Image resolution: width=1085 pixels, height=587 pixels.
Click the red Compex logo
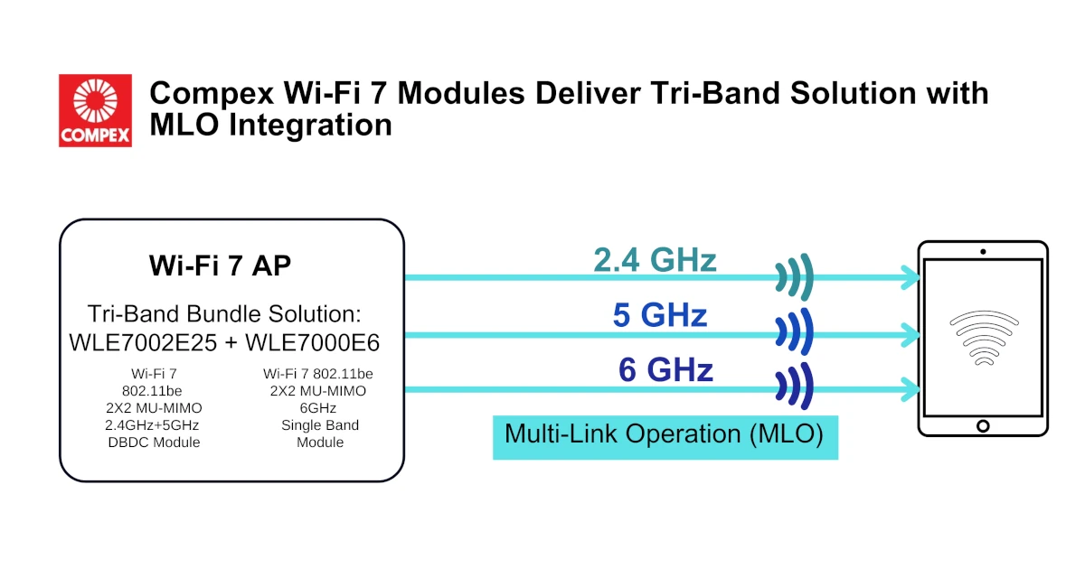click(x=96, y=110)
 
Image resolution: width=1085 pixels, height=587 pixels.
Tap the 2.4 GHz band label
click(x=655, y=260)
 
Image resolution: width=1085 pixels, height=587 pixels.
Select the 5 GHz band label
click(x=660, y=315)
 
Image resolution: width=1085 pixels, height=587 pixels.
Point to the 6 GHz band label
click(x=665, y=369)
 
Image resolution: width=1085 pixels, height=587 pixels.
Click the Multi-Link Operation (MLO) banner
click(x=665, y=437)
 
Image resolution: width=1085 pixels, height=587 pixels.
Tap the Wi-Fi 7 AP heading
click(x=220, y=266)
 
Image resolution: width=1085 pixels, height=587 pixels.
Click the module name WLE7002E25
click(x=143, y=342)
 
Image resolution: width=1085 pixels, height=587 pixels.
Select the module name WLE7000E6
click(x=313, y=342)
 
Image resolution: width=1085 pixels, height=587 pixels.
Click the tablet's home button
click(x=983, y=426)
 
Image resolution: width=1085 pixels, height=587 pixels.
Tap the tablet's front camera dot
click(x=983, y=252)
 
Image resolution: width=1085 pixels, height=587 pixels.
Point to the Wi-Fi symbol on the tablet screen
click(x=984, y=338)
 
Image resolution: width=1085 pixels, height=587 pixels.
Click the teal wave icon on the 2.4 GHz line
click(x=795, y=277)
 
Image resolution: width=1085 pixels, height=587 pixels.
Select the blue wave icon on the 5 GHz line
click(x=795, y=332)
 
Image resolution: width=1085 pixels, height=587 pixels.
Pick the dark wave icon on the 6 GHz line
click(x=795, y=387)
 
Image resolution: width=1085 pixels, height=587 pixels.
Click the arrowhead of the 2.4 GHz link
click(x=910, y=277)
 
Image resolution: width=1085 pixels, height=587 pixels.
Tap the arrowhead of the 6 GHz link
click(x=910, y=389)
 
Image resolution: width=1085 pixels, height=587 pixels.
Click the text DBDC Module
click(x=154, y=443)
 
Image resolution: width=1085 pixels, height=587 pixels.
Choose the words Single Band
click(x=320, y=424)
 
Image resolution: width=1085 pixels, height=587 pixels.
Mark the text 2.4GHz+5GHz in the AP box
click(x=152, y=424)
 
